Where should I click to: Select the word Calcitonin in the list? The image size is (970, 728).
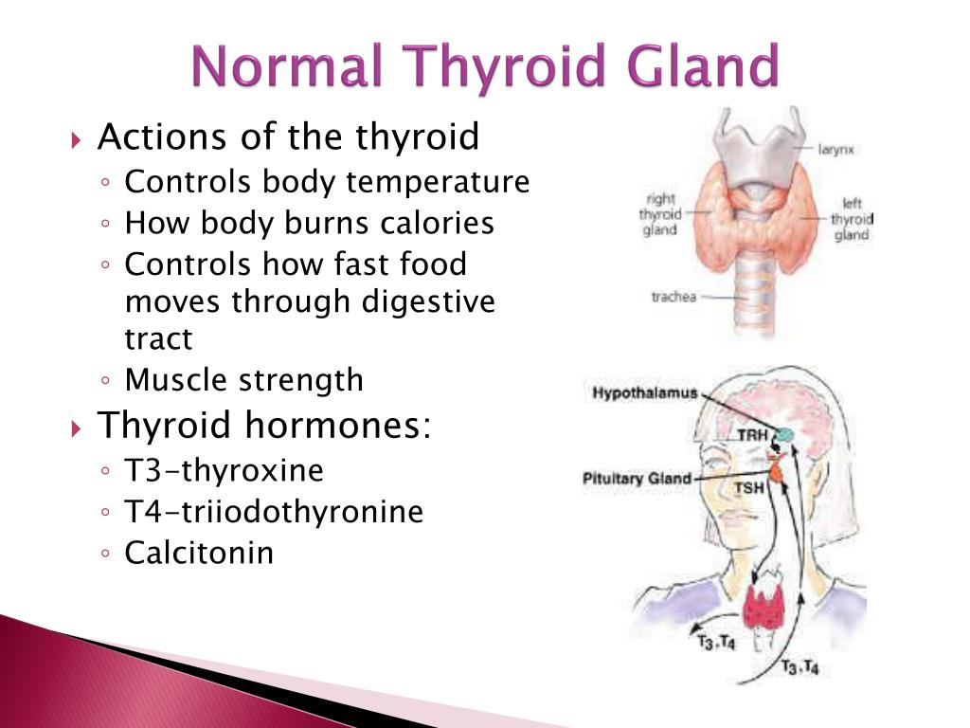[199, 553]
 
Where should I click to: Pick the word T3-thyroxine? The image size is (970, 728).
[224, 470]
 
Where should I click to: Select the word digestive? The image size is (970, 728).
[428, 302]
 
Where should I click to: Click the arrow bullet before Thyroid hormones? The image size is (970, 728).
[76, 428]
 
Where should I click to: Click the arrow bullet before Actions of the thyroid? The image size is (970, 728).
[76, 139]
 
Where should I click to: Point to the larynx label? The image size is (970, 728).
[835, 150]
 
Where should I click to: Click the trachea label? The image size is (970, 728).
[674, 297]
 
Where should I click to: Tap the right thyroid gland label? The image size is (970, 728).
[660, 214]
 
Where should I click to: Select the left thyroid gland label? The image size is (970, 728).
[852, 219]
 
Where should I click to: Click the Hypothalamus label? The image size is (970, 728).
[644, 392]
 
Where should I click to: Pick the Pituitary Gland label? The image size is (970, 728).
[637, 479]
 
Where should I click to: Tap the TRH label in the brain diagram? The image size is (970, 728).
[752, 435]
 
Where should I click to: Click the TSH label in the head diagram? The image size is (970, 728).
[748, 488]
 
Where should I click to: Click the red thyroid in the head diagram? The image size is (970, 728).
[764, 605]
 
